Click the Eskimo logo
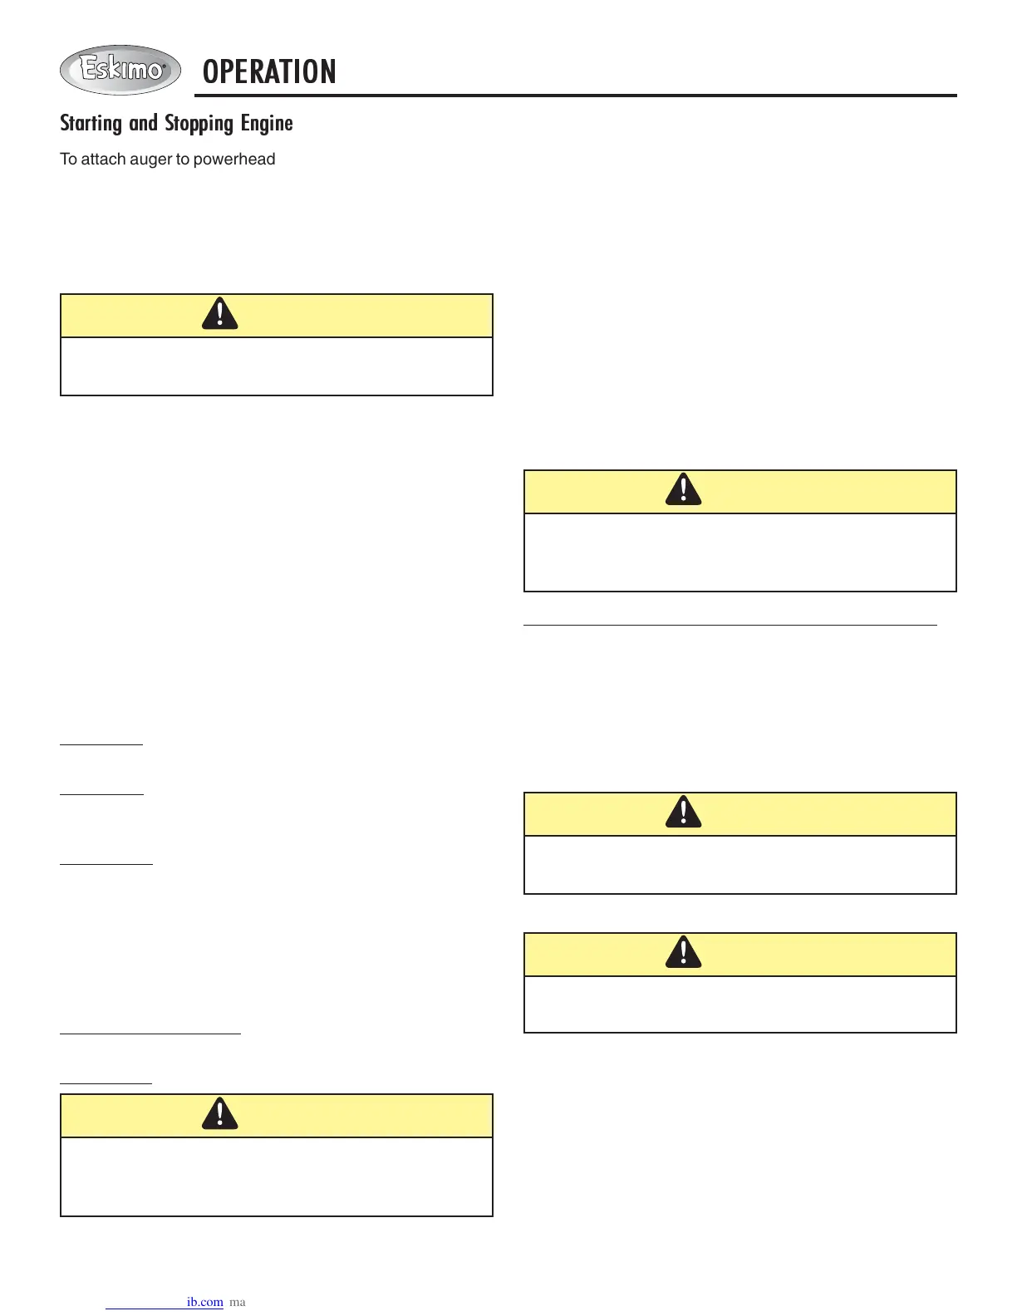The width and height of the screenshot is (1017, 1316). pyautogui.click(x=120, y=70)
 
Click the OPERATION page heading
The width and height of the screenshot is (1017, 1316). pyautogui.click(x=269, y=72)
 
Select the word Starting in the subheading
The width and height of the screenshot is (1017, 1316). pyautogui.click(x=91, y=124)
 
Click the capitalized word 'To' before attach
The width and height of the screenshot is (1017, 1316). pyautogui.click(x=68, y=159)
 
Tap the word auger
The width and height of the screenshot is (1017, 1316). pyautogui.click(x=150, y=160)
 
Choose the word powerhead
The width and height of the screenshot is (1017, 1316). pyautogui.click(x=234, y=159)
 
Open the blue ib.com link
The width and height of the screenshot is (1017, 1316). pyautogui.click(x=204, y=1302)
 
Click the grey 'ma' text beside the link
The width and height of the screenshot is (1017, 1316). pyautogui.click(x=238, y=1302)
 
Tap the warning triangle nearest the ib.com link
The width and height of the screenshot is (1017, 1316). pyautogui.click(x=220, y=1114)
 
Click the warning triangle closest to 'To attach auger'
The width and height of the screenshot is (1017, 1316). pyautogui.click(x=220, y=314)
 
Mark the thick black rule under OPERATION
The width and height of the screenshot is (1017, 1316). pyautogui.click(x=575, y=96)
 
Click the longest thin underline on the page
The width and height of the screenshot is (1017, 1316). pyautogui.click(x=730, y=623)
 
